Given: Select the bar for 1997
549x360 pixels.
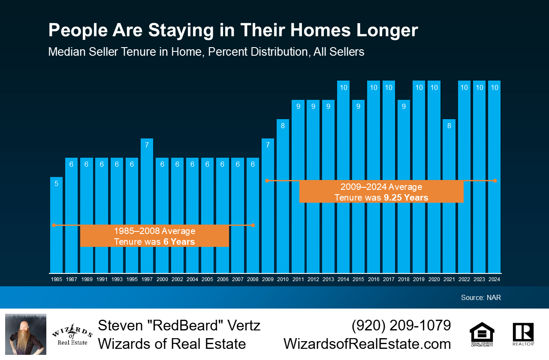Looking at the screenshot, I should (x=147, y=206).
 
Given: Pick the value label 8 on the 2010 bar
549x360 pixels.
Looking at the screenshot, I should (x=283, y=126).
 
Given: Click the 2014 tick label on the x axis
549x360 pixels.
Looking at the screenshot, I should (x=343, y=279).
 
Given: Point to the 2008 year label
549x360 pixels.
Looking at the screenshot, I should (x=253, y=279).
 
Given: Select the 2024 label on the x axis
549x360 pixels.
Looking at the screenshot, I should (x=494, y=279).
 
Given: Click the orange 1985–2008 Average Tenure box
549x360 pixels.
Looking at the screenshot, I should (x=154, y=236).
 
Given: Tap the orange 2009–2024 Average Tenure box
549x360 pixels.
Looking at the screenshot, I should (x=381, y=192).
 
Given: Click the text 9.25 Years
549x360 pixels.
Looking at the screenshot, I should (x=406, y=198).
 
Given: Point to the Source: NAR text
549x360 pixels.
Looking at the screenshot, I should (x=481, y=297).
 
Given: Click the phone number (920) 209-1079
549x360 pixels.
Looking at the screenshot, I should (x=401, y=325).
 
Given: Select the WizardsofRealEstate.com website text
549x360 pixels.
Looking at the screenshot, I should (x=367, y=344).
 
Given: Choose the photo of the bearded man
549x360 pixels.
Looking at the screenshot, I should (x=26, y=334).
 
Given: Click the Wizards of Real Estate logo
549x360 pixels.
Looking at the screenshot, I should (x=72, y=334).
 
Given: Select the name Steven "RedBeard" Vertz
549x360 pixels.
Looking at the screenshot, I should (x=179, y=325).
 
